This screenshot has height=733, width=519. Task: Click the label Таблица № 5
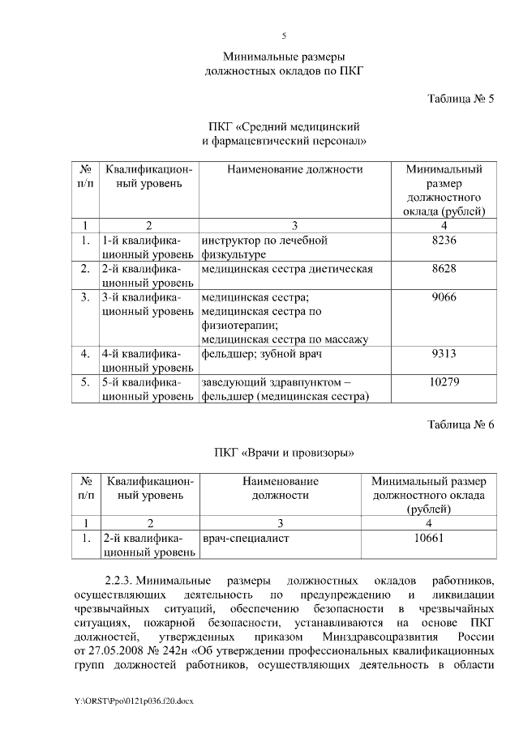point(461,99)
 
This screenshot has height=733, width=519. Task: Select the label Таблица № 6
point(461,424)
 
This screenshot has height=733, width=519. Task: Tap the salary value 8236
point(444,241)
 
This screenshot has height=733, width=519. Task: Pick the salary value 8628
point(444,268)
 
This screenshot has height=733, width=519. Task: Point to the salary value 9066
point(444,296)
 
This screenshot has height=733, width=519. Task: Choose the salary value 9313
point(444,353)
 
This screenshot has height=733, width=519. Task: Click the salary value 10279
point(444,381)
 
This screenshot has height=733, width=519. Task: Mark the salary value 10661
point(428,536)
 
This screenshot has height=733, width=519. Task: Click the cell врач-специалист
point(246,536)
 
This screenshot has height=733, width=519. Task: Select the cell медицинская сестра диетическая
point(287,268)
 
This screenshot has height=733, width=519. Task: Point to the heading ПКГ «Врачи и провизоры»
point(284,451)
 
